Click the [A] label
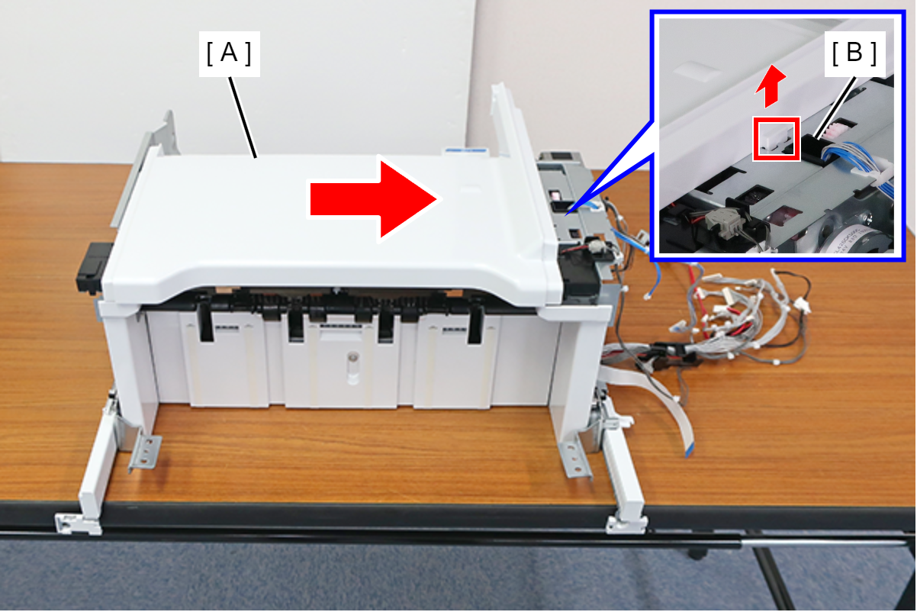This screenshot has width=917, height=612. [229, 54]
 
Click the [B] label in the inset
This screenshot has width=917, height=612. [854, 54]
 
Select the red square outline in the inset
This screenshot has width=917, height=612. [777, 139]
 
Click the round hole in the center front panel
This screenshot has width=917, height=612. [352, 358]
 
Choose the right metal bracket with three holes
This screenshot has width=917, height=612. [574, 459]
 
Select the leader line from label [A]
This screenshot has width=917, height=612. [243, 117]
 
